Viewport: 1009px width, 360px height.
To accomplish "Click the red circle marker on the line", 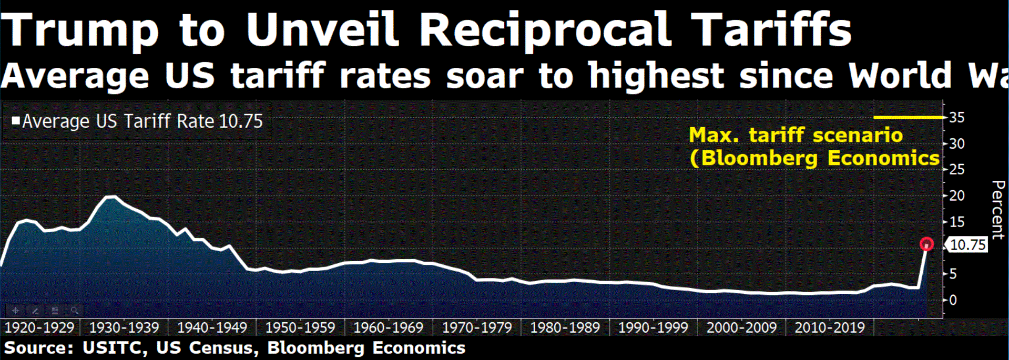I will coord(926,244).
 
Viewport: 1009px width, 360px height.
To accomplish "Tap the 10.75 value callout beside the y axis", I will coord(968,245).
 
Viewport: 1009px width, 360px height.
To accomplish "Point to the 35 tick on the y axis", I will coord(957,117).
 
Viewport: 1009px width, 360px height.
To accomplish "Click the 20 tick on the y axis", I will coord(957,196).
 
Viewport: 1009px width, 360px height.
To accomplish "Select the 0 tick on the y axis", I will coord(953,300).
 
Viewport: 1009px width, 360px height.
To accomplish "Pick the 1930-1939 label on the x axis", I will coord(124,328).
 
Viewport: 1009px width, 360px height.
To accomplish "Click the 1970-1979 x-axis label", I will coord(477,328).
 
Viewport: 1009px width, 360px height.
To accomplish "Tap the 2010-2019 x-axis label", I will coord(830,328).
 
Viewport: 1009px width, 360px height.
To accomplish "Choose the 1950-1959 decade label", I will coord(300,328).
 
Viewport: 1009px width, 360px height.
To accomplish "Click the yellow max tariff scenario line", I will coord(908,117).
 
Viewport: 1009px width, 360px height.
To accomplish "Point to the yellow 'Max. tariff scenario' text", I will coord(796,136).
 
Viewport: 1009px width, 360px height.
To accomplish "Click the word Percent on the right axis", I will coord(997,210).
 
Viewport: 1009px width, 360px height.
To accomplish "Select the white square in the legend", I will coord(16,121).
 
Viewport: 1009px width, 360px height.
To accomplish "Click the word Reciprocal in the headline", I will coord(545,30).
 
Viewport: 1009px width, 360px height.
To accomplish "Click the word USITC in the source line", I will coord(114,348).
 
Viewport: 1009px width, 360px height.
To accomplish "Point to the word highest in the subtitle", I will coord(657,76).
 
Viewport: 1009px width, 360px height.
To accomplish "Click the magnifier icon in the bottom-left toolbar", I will coord(75,311).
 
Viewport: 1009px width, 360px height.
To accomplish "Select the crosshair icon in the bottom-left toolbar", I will coord(15,311).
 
